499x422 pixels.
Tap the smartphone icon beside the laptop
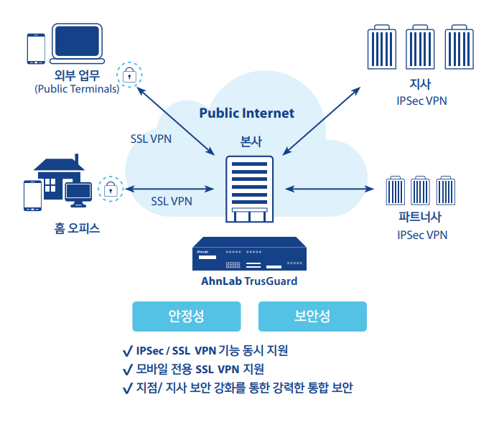click(x=36, y=48)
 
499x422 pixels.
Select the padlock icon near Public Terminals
click(x=129, y=74)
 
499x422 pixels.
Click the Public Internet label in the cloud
click(x=246, y=113)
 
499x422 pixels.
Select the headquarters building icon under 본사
click(x=249, y=189)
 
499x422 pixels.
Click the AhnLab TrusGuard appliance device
click(x=249, y=255)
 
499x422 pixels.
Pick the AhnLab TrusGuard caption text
click(x=249, y=281)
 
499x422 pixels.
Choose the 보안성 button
click(x=312, y=316)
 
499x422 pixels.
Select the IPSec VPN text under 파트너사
click(x=421, y=235)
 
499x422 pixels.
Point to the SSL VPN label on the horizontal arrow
click(x=172, y=201)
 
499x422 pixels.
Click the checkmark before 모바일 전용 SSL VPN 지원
click(x=127, y=370)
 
